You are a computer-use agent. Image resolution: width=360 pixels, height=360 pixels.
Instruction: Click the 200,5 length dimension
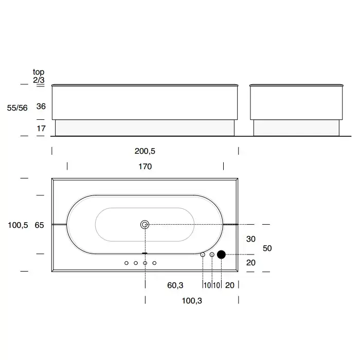click(x=145, y=151)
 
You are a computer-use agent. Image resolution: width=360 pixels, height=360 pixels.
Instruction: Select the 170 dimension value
click(x=145, y=167)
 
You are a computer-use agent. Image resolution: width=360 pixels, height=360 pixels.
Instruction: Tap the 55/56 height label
click(x=17, y=107)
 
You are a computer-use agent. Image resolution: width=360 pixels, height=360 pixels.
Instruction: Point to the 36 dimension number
click(x=41, y=106)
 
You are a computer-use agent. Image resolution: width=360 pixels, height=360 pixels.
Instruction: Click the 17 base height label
click(x=41, y=129)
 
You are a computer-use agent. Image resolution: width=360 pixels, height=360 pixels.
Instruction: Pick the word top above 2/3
click(x=39, y=72)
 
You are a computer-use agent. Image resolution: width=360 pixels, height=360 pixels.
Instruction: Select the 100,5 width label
click(x=18, y=225)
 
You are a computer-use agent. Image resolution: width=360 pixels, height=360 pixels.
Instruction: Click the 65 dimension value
click(x=39, y=225)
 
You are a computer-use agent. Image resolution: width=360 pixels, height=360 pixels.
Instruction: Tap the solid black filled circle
click(x=221, y=255)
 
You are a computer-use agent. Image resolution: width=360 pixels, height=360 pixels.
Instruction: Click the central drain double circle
click(x=145, y=225)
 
